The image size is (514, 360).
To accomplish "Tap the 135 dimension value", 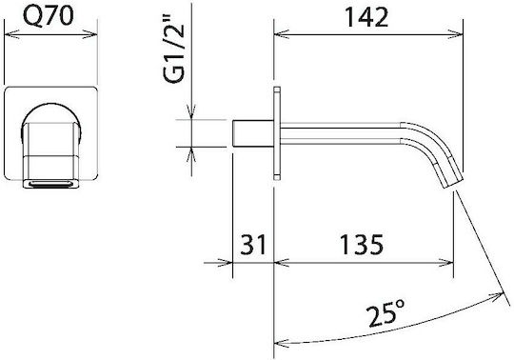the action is tap(362, 244).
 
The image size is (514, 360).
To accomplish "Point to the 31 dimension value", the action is tap(253, 244).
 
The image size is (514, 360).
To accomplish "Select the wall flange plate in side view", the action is tap(277, 133).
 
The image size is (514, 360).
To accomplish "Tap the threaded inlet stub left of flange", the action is tap(253, 133).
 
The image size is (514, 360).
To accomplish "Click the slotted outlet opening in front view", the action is tap(50, 184).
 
